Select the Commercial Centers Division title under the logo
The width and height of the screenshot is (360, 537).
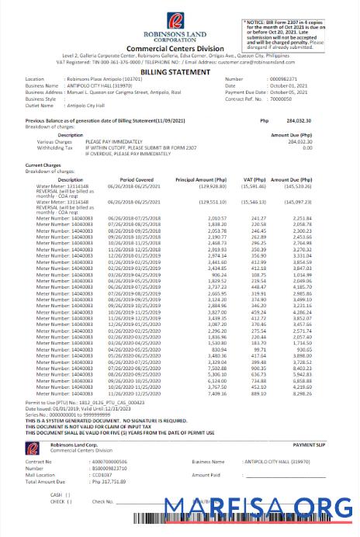(x=180, y=48)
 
